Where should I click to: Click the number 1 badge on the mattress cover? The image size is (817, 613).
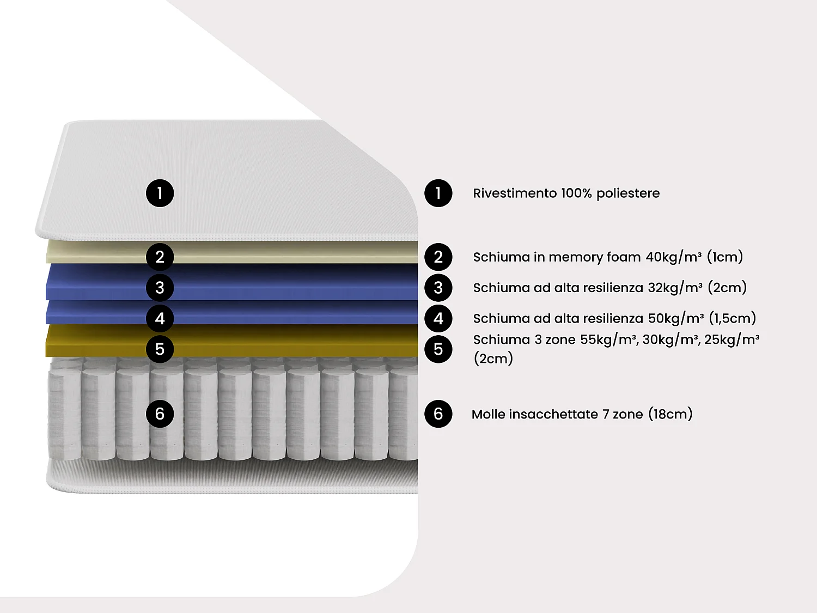[x=160, y=193]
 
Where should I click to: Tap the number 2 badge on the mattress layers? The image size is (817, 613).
[x=160, y=257]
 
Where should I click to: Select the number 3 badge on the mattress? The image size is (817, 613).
[x=160, y=288]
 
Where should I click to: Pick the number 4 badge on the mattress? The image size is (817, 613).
[x=160, y=318]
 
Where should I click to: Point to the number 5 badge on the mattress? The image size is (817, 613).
[x=160, y=349]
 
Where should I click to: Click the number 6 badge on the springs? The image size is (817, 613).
[x=160, y=414]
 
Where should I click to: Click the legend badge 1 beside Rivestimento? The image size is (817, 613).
[x=438, y=193]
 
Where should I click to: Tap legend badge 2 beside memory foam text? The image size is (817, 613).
[x=438, y=257]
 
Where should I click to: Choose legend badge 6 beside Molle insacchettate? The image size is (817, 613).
[x=438, y=414]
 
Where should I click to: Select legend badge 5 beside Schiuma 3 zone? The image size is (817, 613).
[x=438, y=349]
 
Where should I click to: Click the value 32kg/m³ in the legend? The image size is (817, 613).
[x=675, y=288]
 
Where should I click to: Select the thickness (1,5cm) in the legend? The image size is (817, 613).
[x=732, y=318]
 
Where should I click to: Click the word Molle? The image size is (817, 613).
[x=488, y=414]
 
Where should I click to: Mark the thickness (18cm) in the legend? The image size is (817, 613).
[x=670, y=414]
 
